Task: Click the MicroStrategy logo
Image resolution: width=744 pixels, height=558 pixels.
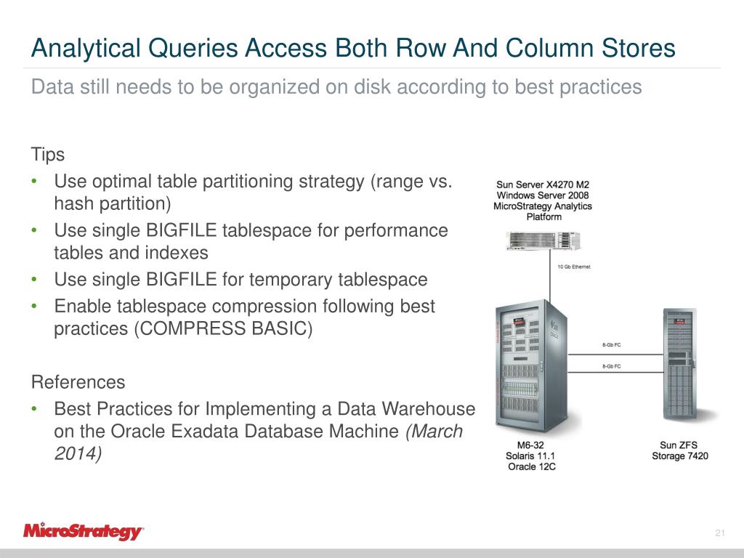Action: [x=84, y=531]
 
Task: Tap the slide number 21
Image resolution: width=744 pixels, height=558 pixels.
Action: [x=720, y=535]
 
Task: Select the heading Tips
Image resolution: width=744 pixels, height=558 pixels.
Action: [x=47, y=155]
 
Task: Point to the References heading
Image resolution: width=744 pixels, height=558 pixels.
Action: [x=78, y=382]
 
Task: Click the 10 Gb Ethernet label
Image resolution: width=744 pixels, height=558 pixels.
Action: [x=573, y=267]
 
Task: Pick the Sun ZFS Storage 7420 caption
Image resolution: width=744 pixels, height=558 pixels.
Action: [x=679, y=450]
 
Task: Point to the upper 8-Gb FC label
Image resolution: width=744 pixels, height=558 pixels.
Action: [x=611, y=344]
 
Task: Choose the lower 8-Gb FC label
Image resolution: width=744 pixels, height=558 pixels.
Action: [x=611, y=366]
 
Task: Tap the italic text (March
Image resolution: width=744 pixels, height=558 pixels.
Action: [x=434, y=431]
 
